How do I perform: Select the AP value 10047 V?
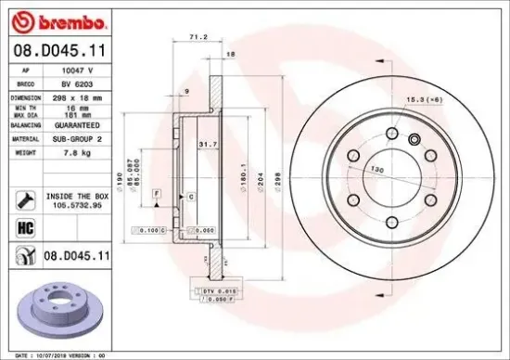point(76,70)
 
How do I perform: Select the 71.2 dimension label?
point(197,37)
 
